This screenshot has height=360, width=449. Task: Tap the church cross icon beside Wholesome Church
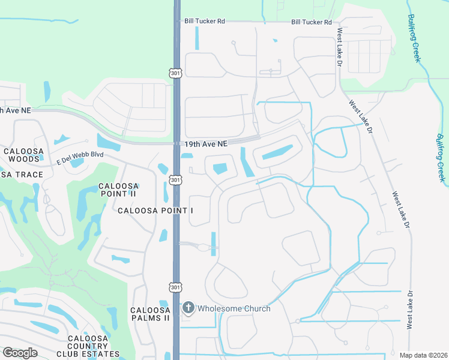point(188,308)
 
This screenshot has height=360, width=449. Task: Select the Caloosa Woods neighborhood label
point(23,155)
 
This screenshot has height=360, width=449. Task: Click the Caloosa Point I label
point(155,211)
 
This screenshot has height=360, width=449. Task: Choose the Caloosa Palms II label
point(150,314)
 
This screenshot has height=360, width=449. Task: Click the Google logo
point(20,353)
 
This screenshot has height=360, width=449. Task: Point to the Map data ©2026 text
point(423,355)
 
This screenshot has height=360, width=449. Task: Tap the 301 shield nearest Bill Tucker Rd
point(175,73)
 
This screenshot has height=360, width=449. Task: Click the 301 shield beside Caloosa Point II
point(175,179)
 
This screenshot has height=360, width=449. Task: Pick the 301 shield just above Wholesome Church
point(175,287)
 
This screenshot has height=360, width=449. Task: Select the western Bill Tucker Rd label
point(205,21)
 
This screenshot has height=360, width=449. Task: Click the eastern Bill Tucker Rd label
point(311,22)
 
